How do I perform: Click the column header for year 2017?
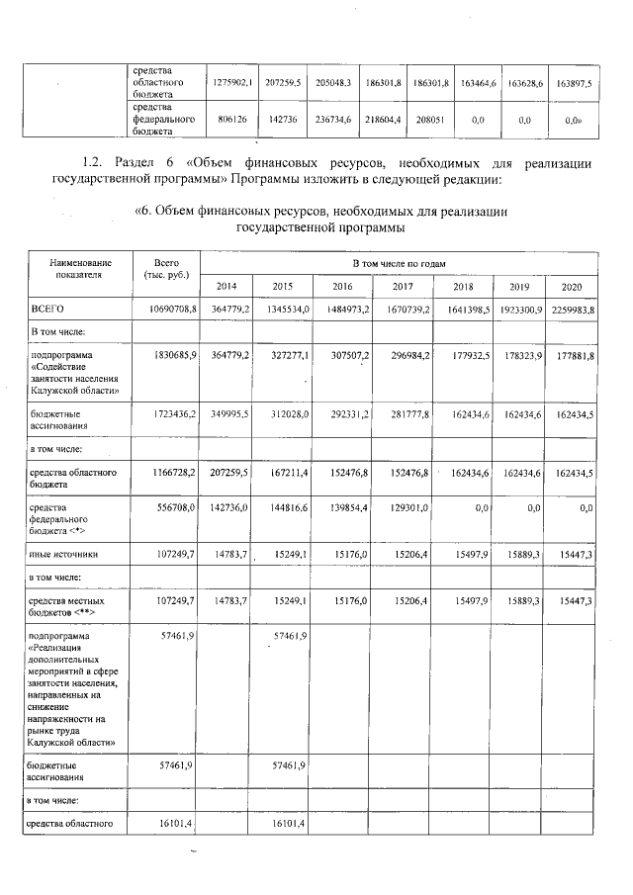click(402, 286)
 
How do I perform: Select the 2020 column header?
click(573, 286)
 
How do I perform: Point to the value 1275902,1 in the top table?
click(234, 84)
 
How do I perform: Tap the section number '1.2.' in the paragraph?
click(91, 162)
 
